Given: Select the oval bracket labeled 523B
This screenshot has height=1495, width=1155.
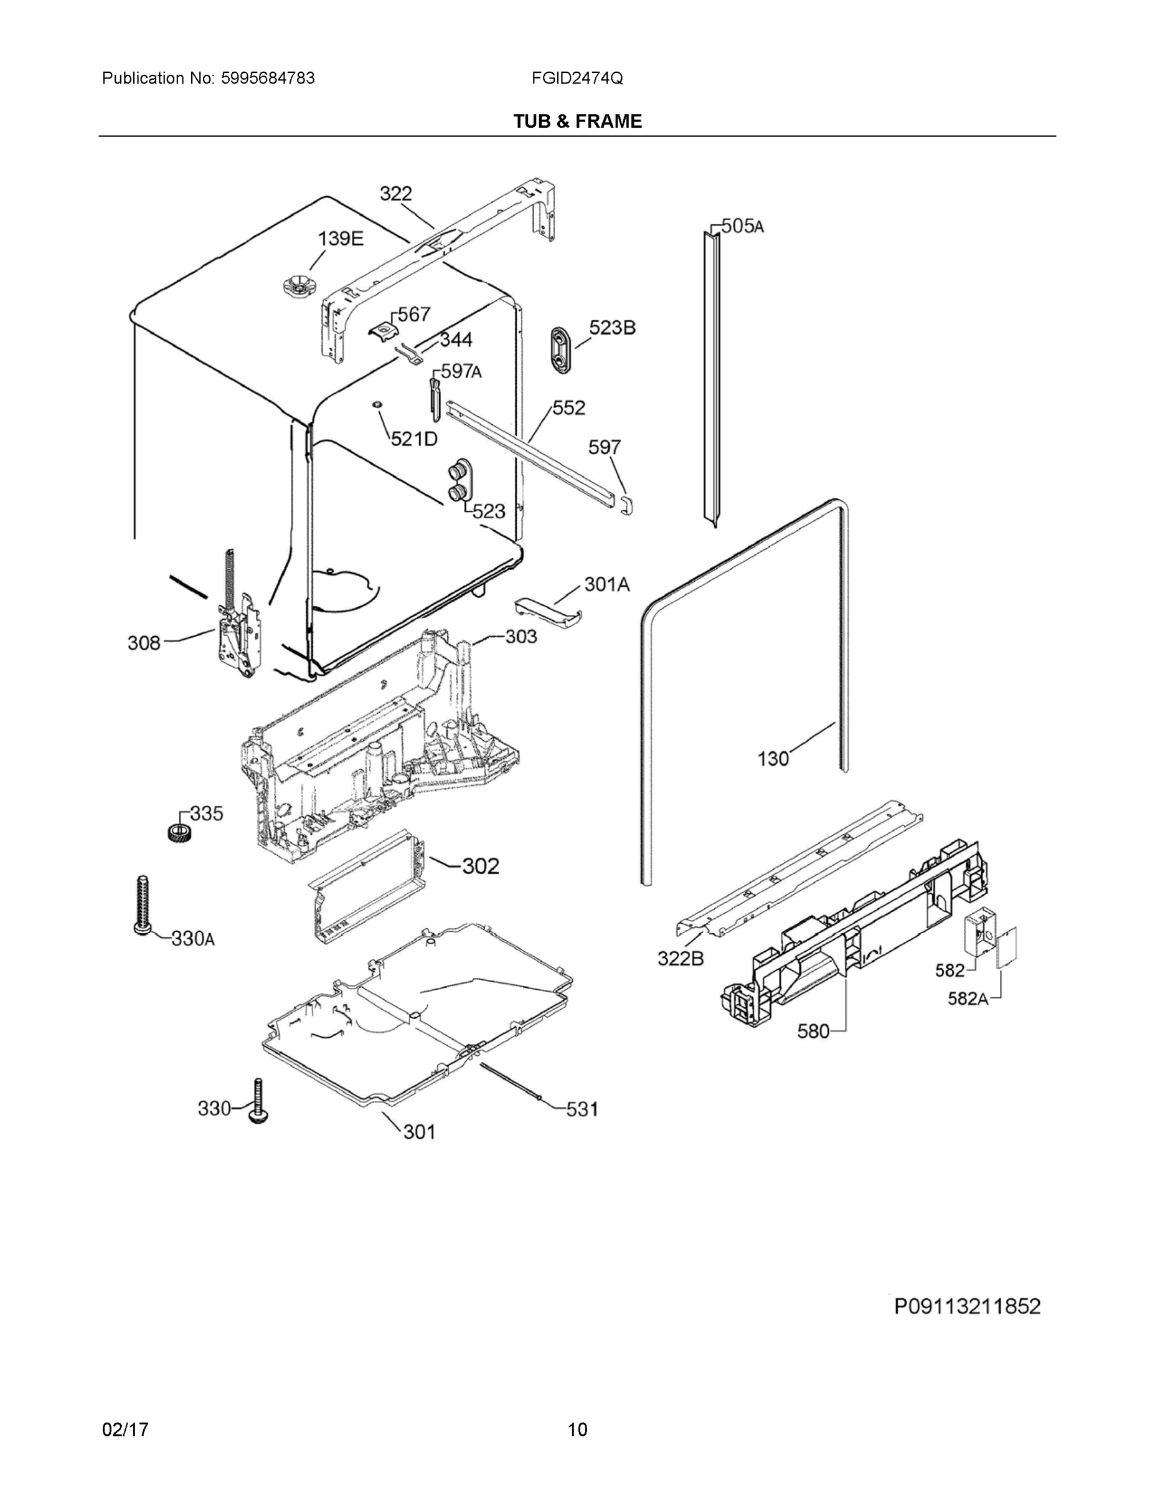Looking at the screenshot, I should [x=561, y=351].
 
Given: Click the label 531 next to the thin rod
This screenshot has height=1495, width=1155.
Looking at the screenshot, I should [x=582, y=1108].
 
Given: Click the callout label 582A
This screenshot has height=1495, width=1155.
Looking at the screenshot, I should [x=968, y=999].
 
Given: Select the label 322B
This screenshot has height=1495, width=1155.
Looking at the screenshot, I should [x=680, y=958].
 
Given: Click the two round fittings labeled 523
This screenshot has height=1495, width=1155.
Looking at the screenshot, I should [x=458, y=482].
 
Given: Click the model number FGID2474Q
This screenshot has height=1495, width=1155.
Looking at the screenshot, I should [x=577, y=78].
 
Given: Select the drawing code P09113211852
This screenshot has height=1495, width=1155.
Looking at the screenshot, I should [x=967, y=1306].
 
